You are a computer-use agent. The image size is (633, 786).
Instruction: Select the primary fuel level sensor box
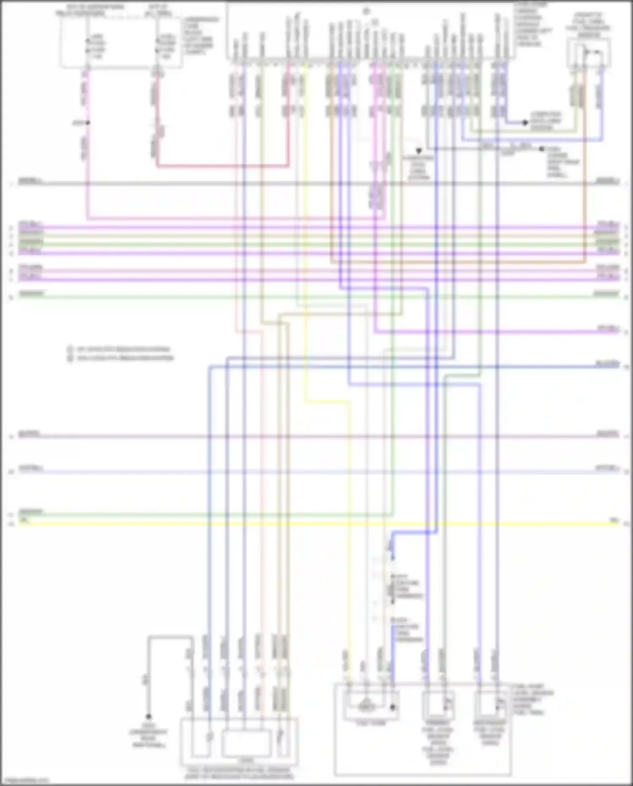(439, 705)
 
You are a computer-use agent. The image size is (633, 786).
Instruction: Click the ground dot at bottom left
(148, 716)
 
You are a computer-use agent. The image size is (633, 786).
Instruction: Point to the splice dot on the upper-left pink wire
(87, 123)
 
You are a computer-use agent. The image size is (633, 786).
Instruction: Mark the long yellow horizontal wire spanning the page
(317, 524)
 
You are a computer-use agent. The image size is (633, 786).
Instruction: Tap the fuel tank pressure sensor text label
(588, 25)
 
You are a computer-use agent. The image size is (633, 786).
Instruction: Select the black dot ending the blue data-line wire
(525, 123)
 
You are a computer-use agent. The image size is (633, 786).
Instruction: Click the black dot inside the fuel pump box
(392, 707)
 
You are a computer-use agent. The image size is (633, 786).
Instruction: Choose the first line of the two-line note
(123, 349)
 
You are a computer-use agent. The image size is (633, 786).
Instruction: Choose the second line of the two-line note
(124, 358)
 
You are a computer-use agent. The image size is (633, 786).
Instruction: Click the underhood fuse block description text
(200, 36)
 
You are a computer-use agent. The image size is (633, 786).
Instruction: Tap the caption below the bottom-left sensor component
(239, 773)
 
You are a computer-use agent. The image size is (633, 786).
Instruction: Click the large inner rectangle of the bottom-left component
(247, 742)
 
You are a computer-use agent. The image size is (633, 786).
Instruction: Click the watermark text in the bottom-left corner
(25, 781)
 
